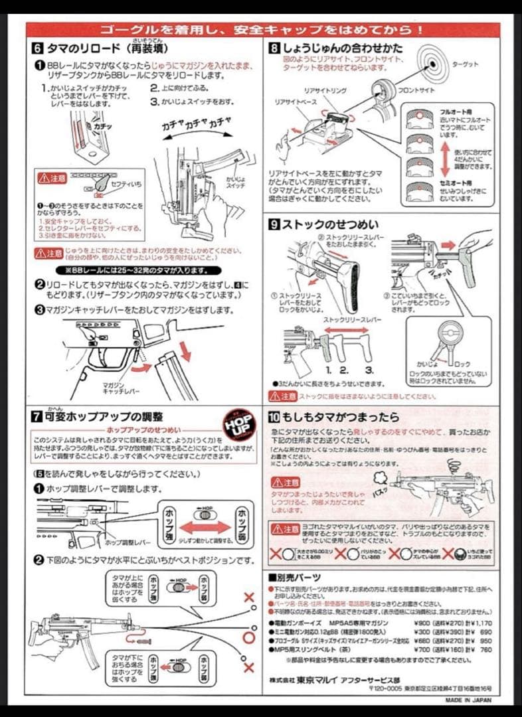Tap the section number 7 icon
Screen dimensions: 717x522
38,417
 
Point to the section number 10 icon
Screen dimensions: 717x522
274,417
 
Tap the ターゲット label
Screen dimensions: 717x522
465,64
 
